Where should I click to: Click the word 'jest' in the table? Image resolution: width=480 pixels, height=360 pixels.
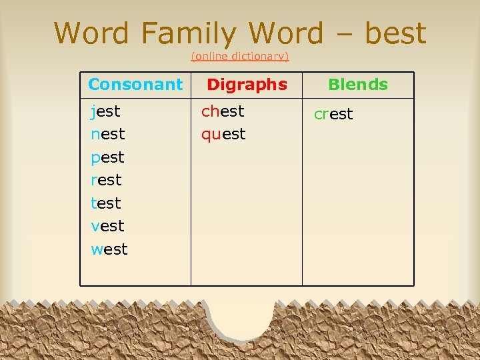[x=105, y=111]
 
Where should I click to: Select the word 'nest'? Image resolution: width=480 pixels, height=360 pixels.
[x=107, y=134]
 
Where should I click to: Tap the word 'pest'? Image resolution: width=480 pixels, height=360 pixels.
[x=107, y=157]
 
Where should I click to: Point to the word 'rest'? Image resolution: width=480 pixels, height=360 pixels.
[x=106, y=180]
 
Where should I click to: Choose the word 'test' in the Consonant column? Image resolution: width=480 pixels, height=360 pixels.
[x=106, y=203]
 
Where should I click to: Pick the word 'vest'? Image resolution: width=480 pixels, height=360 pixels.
[x=107, y=226]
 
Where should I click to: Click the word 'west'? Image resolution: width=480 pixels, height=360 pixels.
[x=109, y=249]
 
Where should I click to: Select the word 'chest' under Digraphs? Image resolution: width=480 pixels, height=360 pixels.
[x=223, y=111]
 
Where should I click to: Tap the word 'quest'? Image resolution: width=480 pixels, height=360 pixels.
[x=223, y=134]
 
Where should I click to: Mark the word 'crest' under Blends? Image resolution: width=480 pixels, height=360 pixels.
[x=333, y=114]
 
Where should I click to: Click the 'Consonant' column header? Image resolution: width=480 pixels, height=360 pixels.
[x=135, y=85]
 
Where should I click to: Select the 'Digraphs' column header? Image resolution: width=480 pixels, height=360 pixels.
[x=247, y=85]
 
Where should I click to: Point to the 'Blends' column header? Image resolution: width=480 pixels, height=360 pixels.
[x=358, y=85]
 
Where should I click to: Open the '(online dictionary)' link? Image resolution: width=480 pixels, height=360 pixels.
[x=240, y=57]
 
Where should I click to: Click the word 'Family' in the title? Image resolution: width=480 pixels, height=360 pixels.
[x=189, y=33]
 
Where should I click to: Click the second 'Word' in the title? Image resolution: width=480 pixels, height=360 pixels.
[x=286, y=33]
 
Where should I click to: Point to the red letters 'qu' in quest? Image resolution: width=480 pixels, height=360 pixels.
[x=211, y=135]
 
